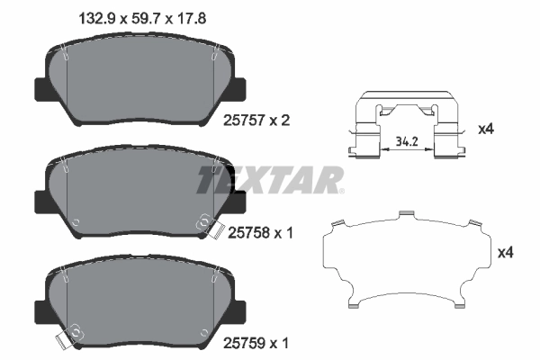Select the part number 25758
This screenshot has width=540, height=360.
click(248, 231)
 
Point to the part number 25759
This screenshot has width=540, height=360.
click(250, 344)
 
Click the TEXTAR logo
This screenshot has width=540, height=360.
click(270, 179)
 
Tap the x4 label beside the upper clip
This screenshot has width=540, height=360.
click(486, 130)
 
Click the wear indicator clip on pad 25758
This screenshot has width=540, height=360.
click(208, 224)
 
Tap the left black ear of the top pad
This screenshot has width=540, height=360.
click(41, 90)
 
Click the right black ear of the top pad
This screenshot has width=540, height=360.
click(241, 90)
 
